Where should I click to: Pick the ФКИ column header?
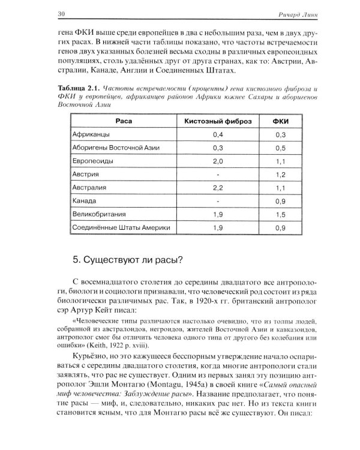(280, 121)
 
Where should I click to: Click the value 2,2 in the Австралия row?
(218, 188)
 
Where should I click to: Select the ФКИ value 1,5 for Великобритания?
(280, 214)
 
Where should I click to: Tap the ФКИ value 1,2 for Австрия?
(280, 175)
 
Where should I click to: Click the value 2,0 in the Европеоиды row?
(218, 161)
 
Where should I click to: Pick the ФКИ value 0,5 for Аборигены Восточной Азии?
(280, 148)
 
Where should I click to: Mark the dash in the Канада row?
(218, 201)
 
